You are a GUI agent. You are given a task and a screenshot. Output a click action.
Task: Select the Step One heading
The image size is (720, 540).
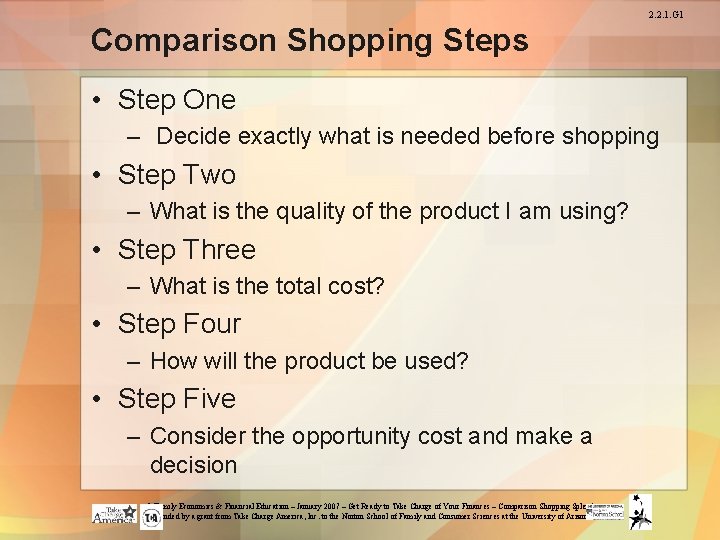176,100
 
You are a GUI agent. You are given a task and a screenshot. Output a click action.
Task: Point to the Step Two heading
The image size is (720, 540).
176,175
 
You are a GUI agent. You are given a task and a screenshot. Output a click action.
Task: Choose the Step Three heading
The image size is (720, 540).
186,250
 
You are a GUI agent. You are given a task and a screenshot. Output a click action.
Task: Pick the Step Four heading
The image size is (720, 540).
179,324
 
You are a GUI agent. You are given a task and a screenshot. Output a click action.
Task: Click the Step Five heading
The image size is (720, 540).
176,399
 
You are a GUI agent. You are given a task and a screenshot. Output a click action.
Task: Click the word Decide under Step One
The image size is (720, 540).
190,137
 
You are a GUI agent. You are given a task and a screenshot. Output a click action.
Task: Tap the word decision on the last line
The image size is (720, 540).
193,465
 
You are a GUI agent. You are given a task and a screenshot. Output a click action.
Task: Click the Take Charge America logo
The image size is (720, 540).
113,514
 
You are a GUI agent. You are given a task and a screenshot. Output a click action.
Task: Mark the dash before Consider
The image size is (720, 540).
135,437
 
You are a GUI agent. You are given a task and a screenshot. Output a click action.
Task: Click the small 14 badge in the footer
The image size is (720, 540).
151,518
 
